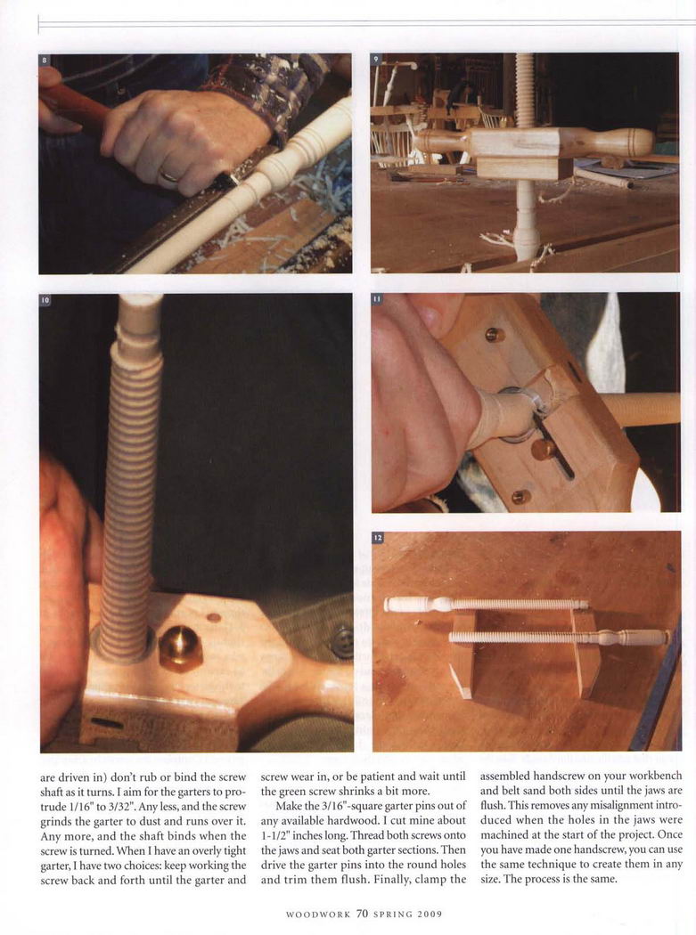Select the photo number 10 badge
click(45, 300)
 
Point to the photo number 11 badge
click(377, 298)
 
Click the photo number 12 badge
click(378, 537)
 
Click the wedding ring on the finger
click(170, 175)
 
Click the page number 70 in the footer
click(362, 914)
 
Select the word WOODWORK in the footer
click(318, 915)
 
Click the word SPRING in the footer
click(393, 915)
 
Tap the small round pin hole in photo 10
click(213, 618)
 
